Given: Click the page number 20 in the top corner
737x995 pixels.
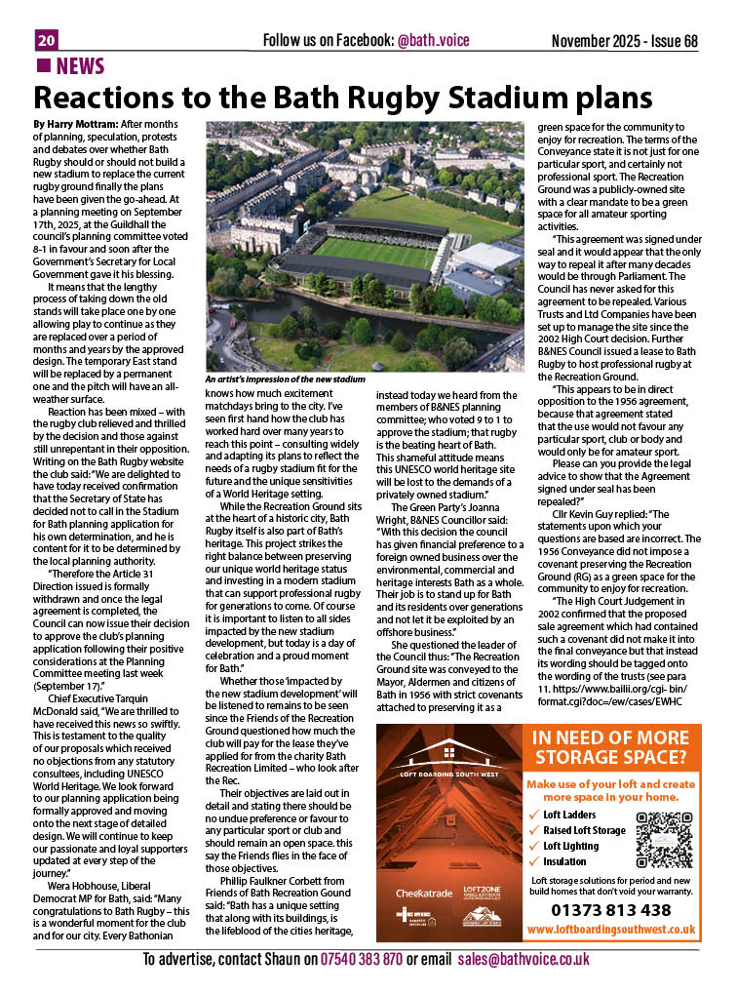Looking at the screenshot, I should pos(46,40).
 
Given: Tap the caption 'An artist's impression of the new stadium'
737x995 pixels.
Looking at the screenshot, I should pos(286,378).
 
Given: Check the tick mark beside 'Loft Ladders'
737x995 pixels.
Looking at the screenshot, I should pos(532,815).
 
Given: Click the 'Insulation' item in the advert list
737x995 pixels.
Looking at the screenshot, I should pos(565,861).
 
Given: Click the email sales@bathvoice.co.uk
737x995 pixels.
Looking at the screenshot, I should pos(524,960).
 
